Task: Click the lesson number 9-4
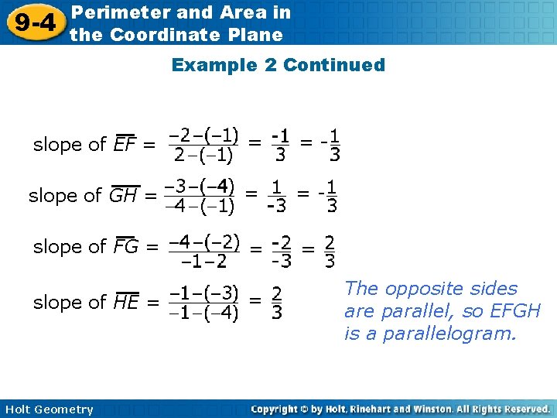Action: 34,22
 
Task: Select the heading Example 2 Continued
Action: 278,65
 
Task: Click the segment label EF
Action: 124,145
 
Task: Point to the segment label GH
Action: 123,196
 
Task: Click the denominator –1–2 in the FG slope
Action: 203,261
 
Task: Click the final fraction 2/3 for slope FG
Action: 330,251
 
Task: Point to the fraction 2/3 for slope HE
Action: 276,303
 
